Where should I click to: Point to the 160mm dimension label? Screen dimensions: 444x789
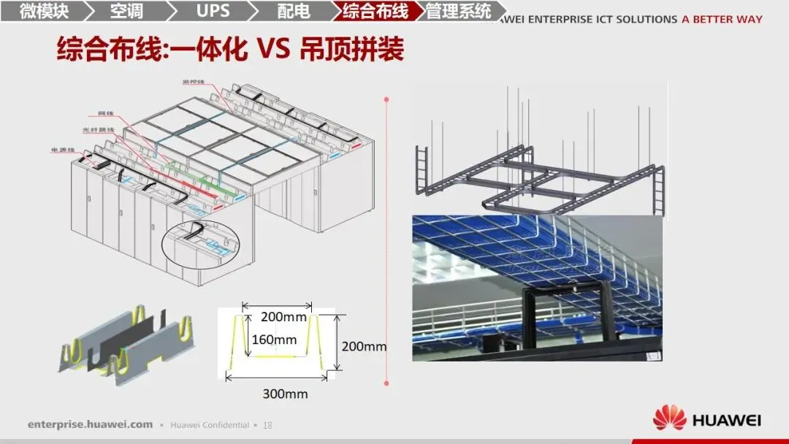[274, 340]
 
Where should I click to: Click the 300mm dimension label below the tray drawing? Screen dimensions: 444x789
[285, 394]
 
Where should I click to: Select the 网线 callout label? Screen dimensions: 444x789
[106, 114]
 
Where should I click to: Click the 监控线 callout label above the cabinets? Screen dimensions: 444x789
[194, 81]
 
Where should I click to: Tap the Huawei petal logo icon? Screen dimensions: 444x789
[669, 419]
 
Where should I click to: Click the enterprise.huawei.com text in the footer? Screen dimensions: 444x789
[91, 424]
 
